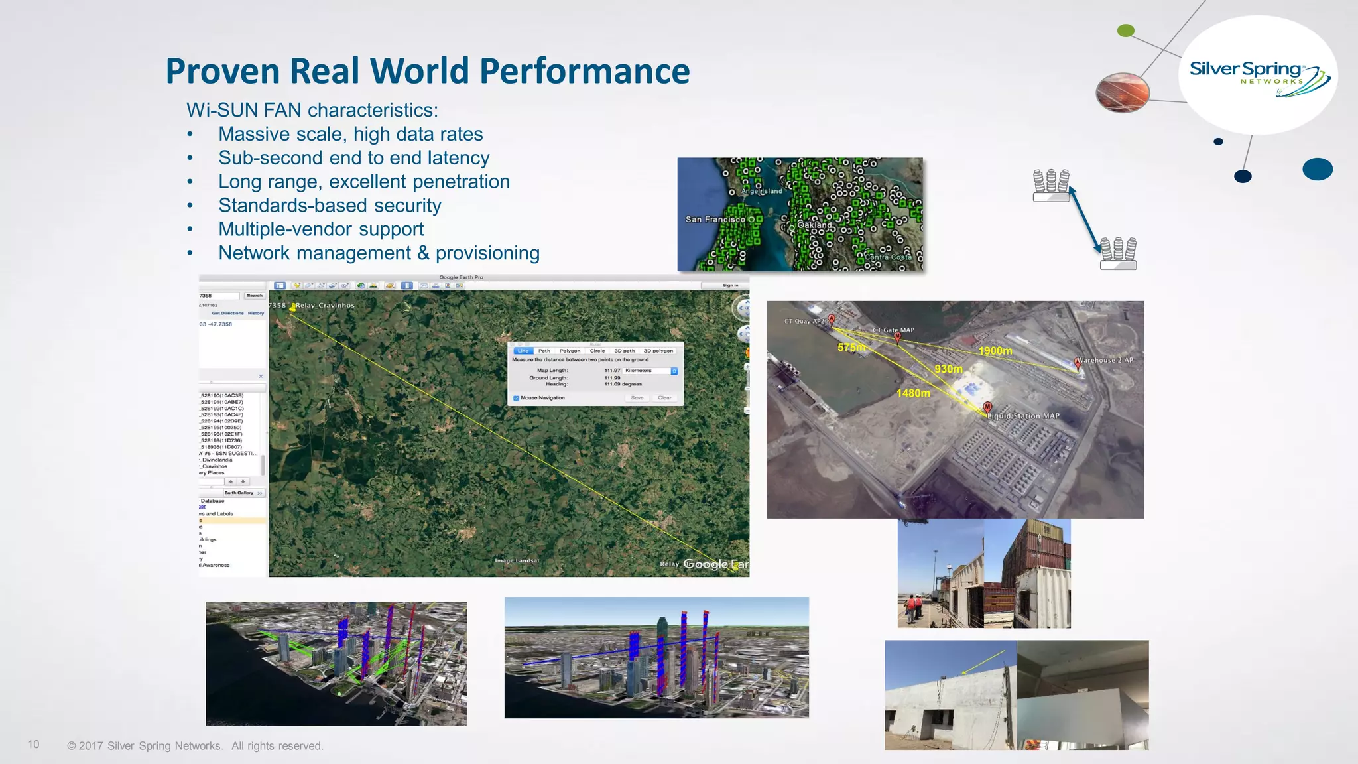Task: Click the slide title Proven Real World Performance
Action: click(428, 71)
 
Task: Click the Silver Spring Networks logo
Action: click(1258, 75)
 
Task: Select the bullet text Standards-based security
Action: click(330, 206)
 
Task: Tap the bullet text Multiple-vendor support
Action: click(321, 229)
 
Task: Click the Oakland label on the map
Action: click(814, 225)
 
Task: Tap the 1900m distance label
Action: click(995, 351)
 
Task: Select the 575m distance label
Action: click(851, 347)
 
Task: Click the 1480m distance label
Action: click(913, 393)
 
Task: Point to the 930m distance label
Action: click(948, 369)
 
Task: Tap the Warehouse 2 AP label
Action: click(1105, 360)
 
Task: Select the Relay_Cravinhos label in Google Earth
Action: click(325, 306)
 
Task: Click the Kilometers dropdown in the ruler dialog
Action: click(650, 371)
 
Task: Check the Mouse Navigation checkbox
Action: click(517, 398)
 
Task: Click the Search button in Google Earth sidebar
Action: click(255, 296)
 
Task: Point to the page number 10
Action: click(33, 745)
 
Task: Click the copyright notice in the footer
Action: click(195, 746)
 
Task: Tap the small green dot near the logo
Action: click(1125, 31)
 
